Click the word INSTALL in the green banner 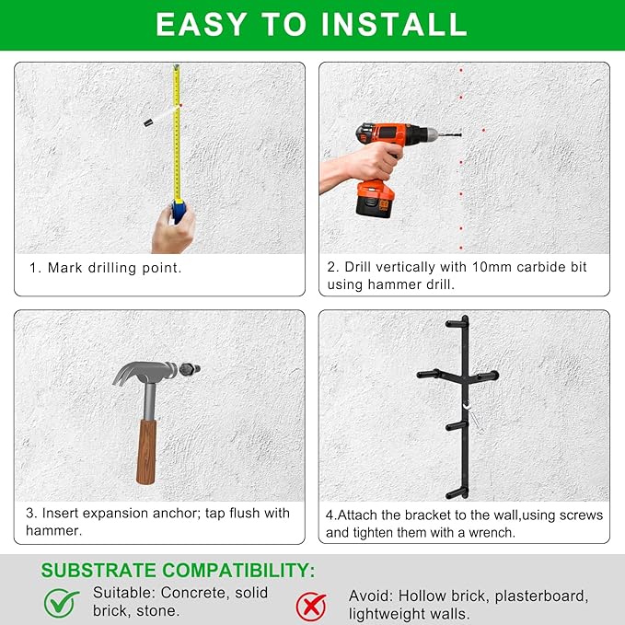coord(394,24)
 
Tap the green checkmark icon coord(61,603)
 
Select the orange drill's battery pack coord(375,199)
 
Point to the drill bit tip coord(460,134)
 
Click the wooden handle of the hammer coord(146,451)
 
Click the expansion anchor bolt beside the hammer coord(189,369)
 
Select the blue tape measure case coord(179,212)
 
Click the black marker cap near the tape coord(148,122)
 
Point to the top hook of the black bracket coord(457,322)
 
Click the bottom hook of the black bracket coord(457,493)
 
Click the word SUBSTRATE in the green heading coord(98,571)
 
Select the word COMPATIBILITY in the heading coord(238,571)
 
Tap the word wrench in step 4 coord(492,533)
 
